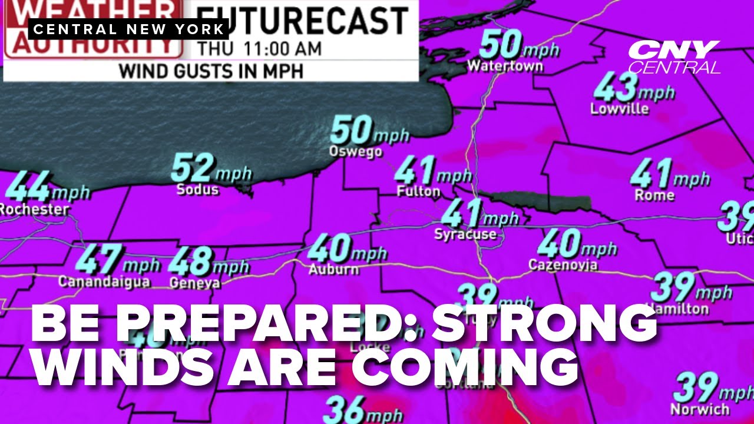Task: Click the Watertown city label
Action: coord(505,65)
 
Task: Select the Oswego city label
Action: coord(355,152)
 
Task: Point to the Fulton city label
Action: coord(418,191)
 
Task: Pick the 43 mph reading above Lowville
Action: coord(616,88)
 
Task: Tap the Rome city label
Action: coord(654,195)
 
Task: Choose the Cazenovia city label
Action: coord(563,265)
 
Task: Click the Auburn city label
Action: coord(333,270)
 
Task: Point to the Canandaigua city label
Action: coord(104,281)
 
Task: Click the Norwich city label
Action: coord(700,408)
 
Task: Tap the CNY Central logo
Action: coord(674,57)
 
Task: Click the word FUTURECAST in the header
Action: coord(301,21)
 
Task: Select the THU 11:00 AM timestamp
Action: coord(259,48)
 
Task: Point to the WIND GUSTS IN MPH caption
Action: coord(210,71)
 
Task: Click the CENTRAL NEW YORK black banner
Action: coord(128,29)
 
